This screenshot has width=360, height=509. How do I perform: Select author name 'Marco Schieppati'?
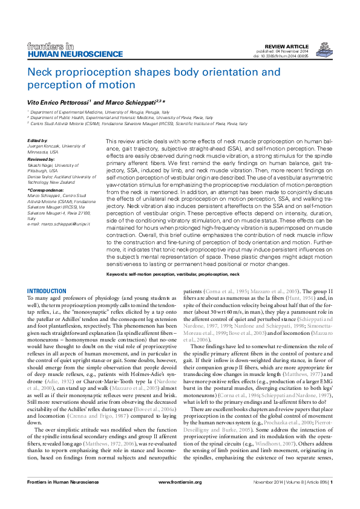tap(133, 102)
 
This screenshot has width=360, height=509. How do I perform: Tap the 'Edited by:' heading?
tap(38, 140)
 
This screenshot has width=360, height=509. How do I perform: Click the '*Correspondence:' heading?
tap(45, 190)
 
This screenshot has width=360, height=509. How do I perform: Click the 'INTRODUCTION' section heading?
tap(47, 291)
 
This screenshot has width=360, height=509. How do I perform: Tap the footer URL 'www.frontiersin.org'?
tap(180, 499)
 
